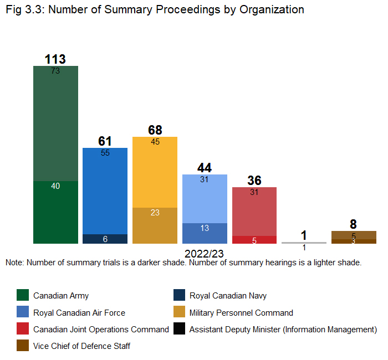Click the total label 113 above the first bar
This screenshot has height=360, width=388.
coord(55,59)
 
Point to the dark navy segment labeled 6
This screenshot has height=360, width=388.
coord(105,239)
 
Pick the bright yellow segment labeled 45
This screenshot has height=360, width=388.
coord(155,172)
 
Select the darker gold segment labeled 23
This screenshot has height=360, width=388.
coord(155,225)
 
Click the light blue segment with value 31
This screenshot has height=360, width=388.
coord(205,198)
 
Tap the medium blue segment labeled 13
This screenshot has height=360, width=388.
coord(205,233)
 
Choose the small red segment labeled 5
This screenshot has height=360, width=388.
coord(254,240)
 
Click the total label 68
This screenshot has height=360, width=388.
coord(155,130)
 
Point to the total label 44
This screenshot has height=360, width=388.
coord(205,168)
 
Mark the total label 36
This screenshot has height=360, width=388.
coord(254,181)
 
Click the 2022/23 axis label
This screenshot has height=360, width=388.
coord(205,254)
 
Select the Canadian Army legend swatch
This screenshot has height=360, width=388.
coord(23,296)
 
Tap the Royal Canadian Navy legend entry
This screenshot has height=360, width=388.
coord(228,296)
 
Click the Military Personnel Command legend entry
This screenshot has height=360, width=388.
coord(241,313)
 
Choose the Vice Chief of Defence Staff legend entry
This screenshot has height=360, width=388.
coord(81,346)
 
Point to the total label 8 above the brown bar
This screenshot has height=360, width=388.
coord(353,224)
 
